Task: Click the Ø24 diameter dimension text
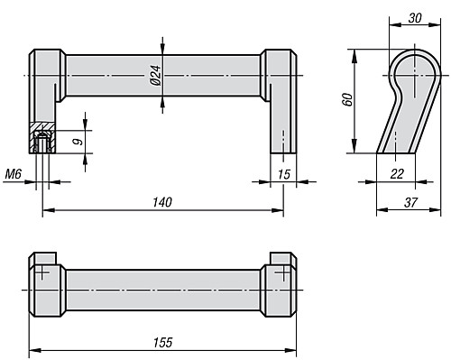click(156, 75)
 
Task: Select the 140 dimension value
click(162, 202)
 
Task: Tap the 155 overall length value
click(163, 343)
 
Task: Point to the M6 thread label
click(14, 174)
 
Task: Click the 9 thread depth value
click(78, 142)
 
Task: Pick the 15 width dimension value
click(284, 174)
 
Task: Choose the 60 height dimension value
click(347, 99)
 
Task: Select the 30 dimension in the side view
click(415, 18)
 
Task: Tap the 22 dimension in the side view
click(397, 174)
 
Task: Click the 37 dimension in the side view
click(410, 203)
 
